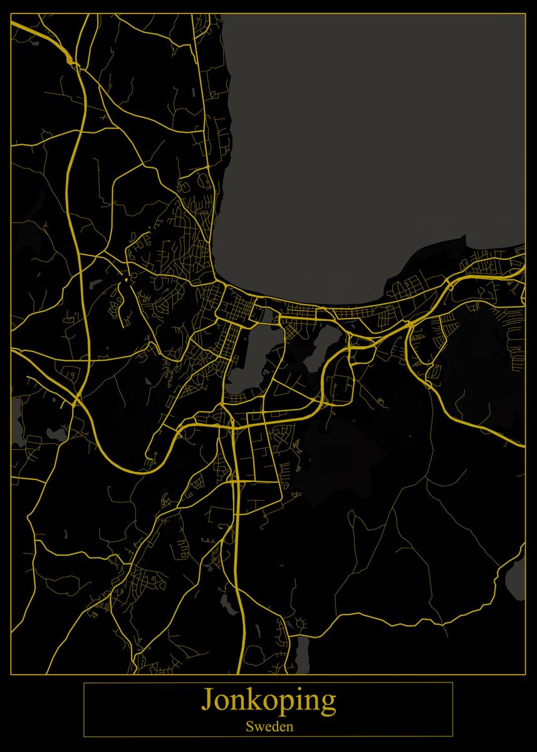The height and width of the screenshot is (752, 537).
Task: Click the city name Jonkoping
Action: (268, 702)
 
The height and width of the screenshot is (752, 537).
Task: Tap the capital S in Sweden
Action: (249, 728)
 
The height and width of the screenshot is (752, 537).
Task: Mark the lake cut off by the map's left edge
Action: (16, 417)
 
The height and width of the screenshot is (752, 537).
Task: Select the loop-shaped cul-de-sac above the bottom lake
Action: (301, 624)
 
